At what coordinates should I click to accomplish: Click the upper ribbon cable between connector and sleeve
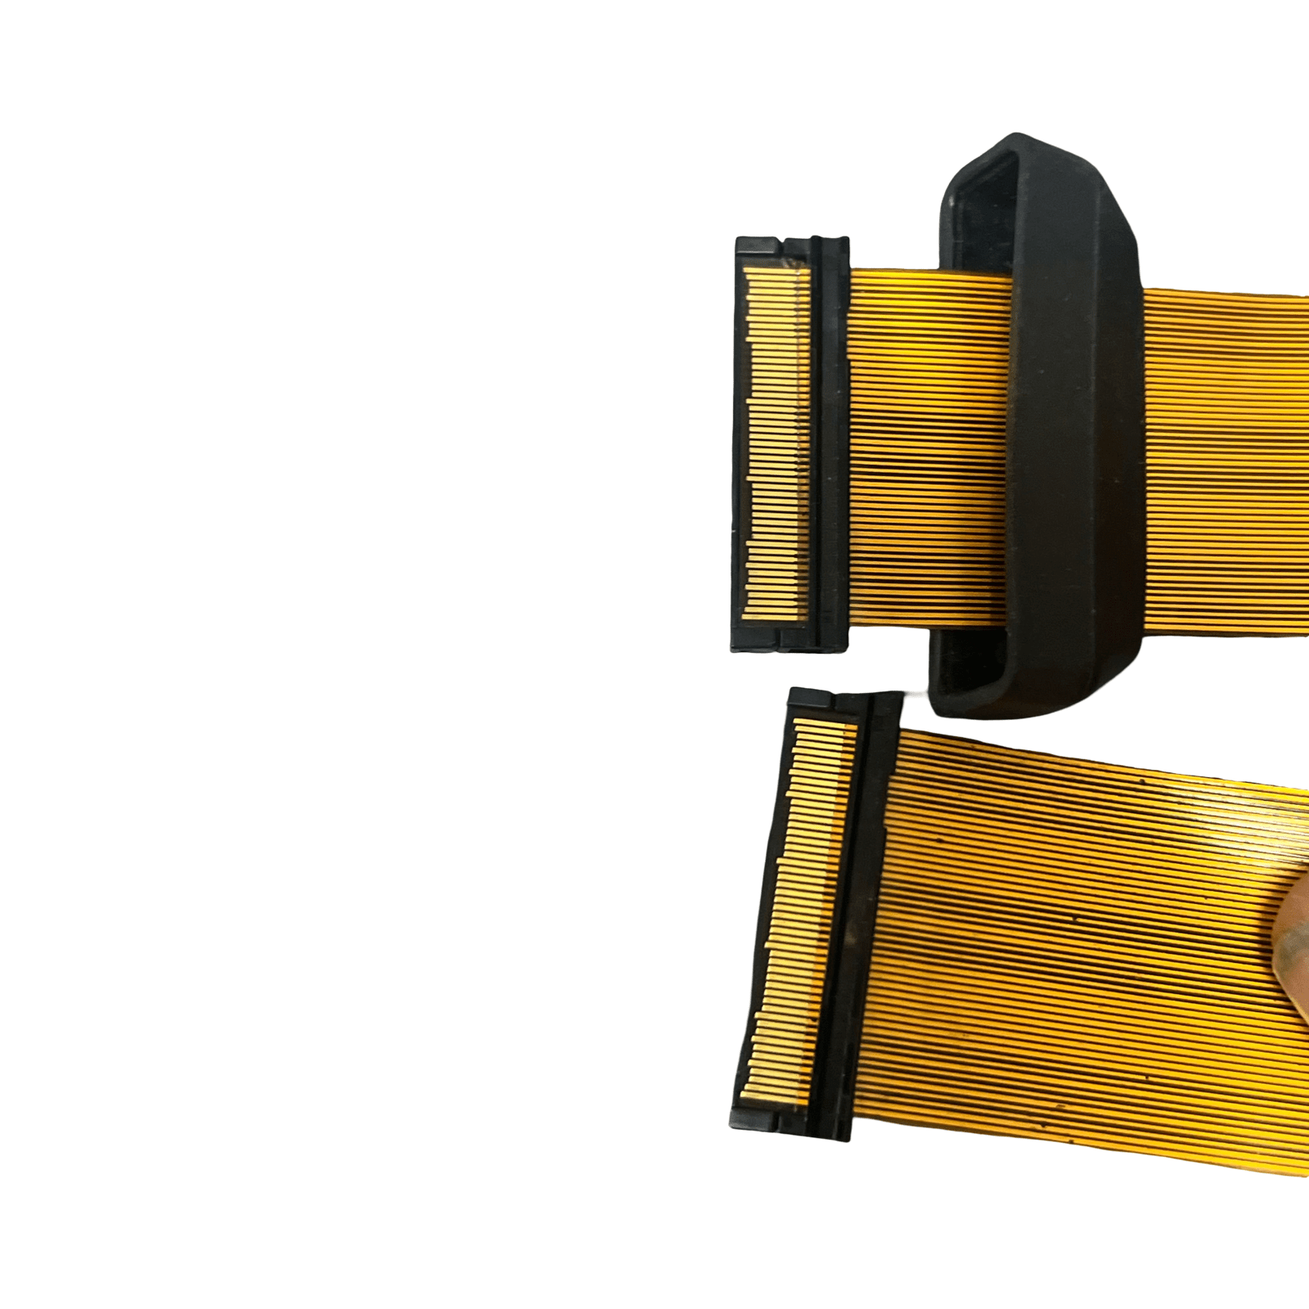pos(924,450)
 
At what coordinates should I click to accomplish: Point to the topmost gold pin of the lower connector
pos(826,724)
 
